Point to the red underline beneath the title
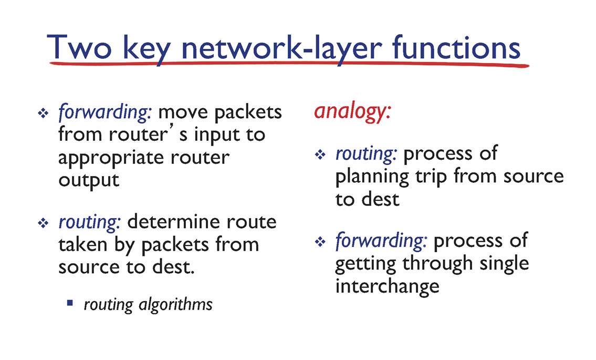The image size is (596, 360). tap(289, 64)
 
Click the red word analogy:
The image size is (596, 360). tap(352, 112)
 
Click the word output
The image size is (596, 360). tap(89, 180)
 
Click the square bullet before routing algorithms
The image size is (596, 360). tap(70, 303)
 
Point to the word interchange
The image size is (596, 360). tap(387, 286)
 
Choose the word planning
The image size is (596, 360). tap(372, 177)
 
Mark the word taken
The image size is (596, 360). tap(83, 244)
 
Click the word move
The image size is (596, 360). tap(183, 113)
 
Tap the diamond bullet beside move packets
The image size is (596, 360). tap(44, 113)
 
